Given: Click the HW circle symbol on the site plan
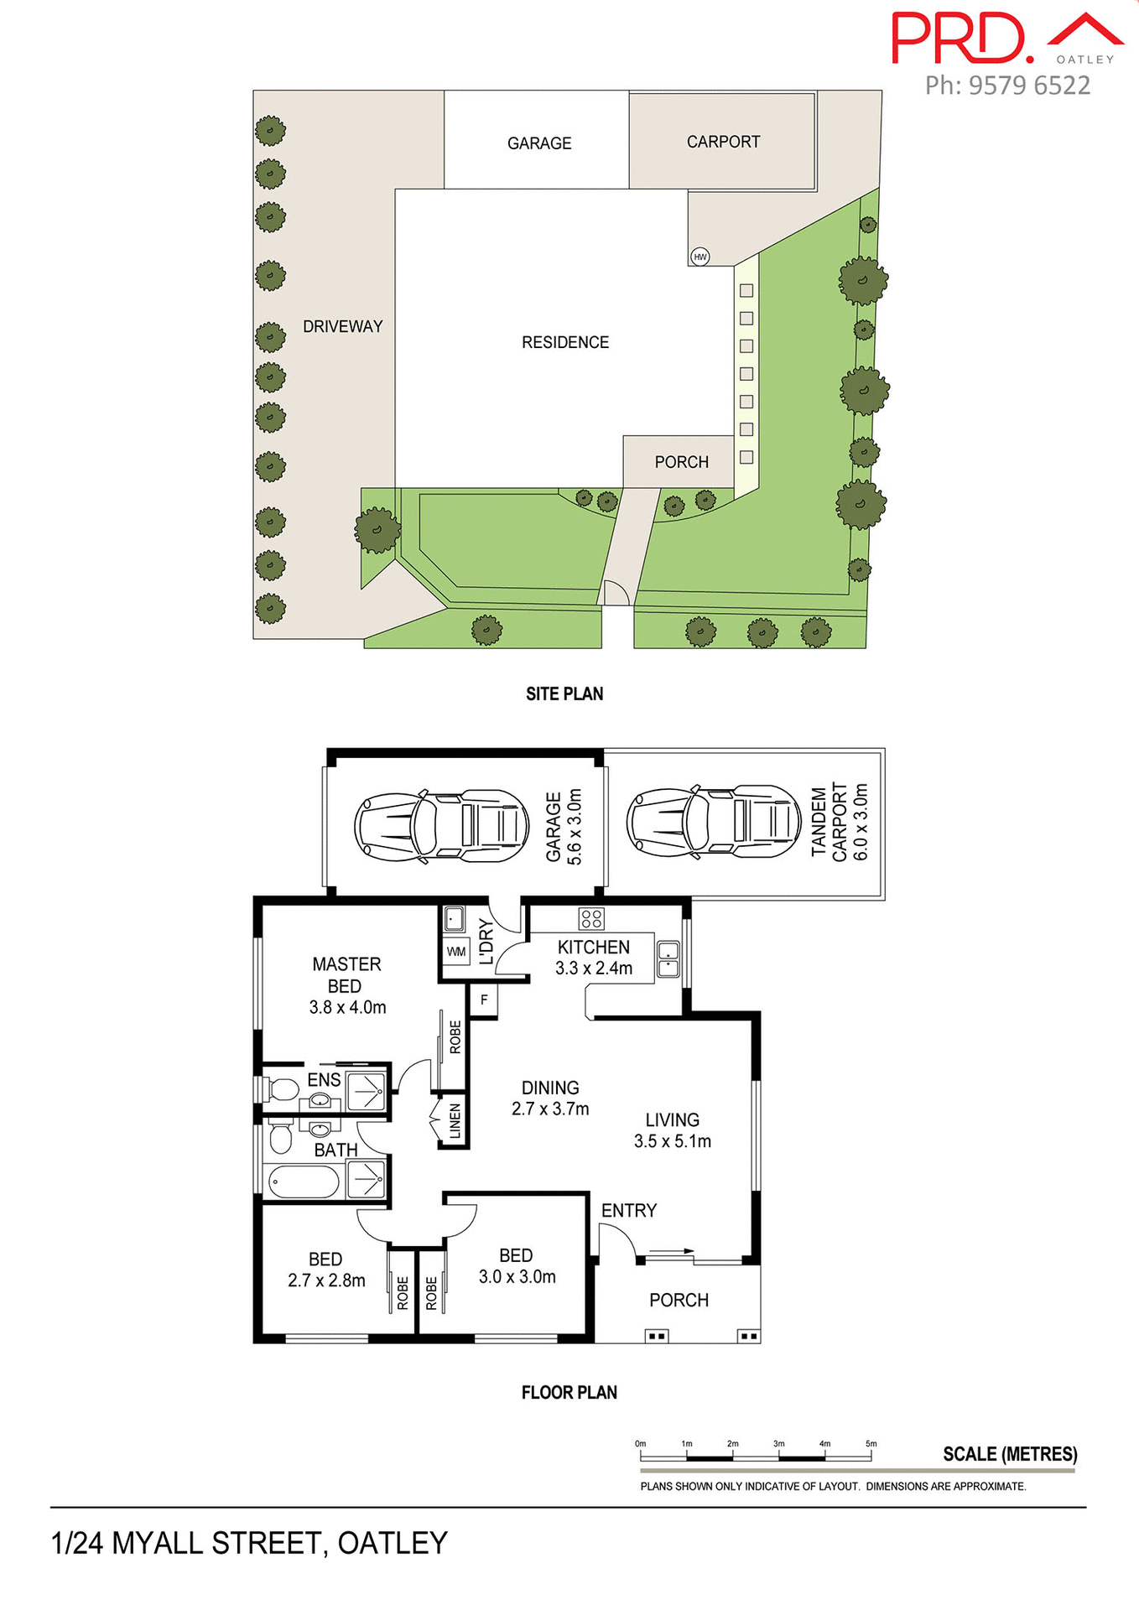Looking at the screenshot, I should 700,257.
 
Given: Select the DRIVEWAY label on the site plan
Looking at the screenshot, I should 342,326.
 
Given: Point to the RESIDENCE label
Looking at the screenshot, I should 564,342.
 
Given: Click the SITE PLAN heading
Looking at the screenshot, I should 564,693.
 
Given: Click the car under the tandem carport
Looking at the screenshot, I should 714,822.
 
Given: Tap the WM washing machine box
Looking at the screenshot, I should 455,952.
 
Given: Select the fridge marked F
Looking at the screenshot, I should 484,1000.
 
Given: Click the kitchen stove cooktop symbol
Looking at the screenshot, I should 591,918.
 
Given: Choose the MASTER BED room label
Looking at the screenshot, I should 346,975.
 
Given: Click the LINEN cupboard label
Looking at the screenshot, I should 455,1121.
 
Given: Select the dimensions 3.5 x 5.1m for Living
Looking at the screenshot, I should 672,1141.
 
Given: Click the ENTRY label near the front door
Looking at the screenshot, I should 628,1210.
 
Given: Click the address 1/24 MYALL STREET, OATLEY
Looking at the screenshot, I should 249,1543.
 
